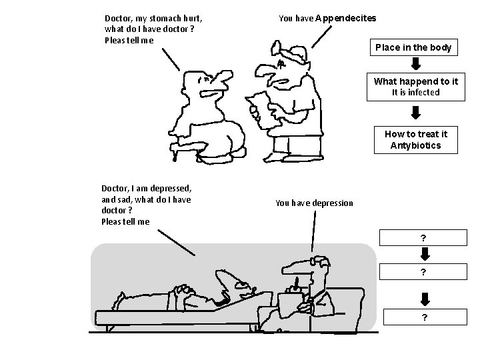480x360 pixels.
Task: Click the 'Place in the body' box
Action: [x=413, y=47]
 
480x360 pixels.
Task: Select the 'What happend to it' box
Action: [x=416, y=87]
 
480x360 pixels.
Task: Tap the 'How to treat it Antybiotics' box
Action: [x=415, y=139]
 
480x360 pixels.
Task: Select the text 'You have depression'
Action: [x=314, y=203]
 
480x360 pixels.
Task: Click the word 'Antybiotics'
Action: [x=415, y=145]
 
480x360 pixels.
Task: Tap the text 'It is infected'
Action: [x=415, y=93]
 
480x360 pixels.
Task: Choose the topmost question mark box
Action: [x=423, y=238]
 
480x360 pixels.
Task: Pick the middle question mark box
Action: [x=423, y=272]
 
